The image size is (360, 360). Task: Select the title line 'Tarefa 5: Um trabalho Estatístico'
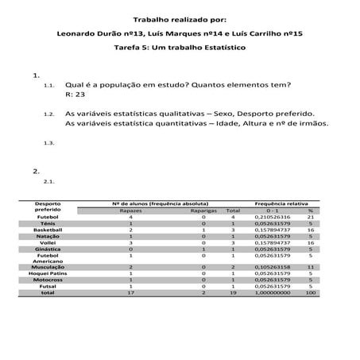[x=180, y=48]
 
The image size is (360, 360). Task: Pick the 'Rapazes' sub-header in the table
[x=130, y=210]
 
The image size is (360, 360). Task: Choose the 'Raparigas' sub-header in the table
[x=203, y=210]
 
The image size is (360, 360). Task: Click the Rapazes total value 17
[x=130, y=293]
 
